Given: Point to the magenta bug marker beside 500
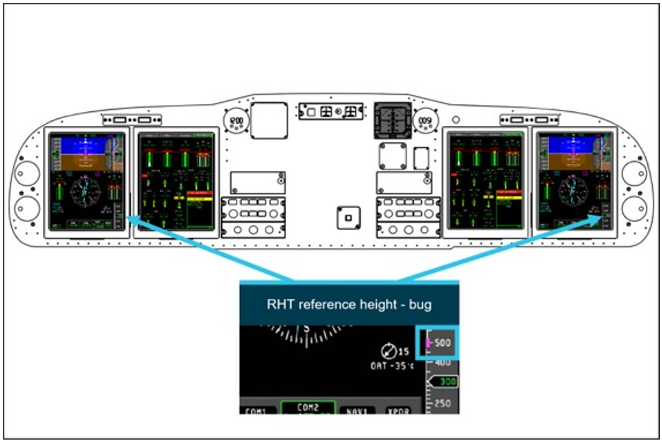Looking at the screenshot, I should pos(428,343).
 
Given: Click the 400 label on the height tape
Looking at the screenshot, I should pos(442,362).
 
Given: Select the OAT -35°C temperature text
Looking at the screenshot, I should pos(389,366).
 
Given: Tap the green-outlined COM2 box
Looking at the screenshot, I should pos(307,407).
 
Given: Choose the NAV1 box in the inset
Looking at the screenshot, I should pos(357,409).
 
